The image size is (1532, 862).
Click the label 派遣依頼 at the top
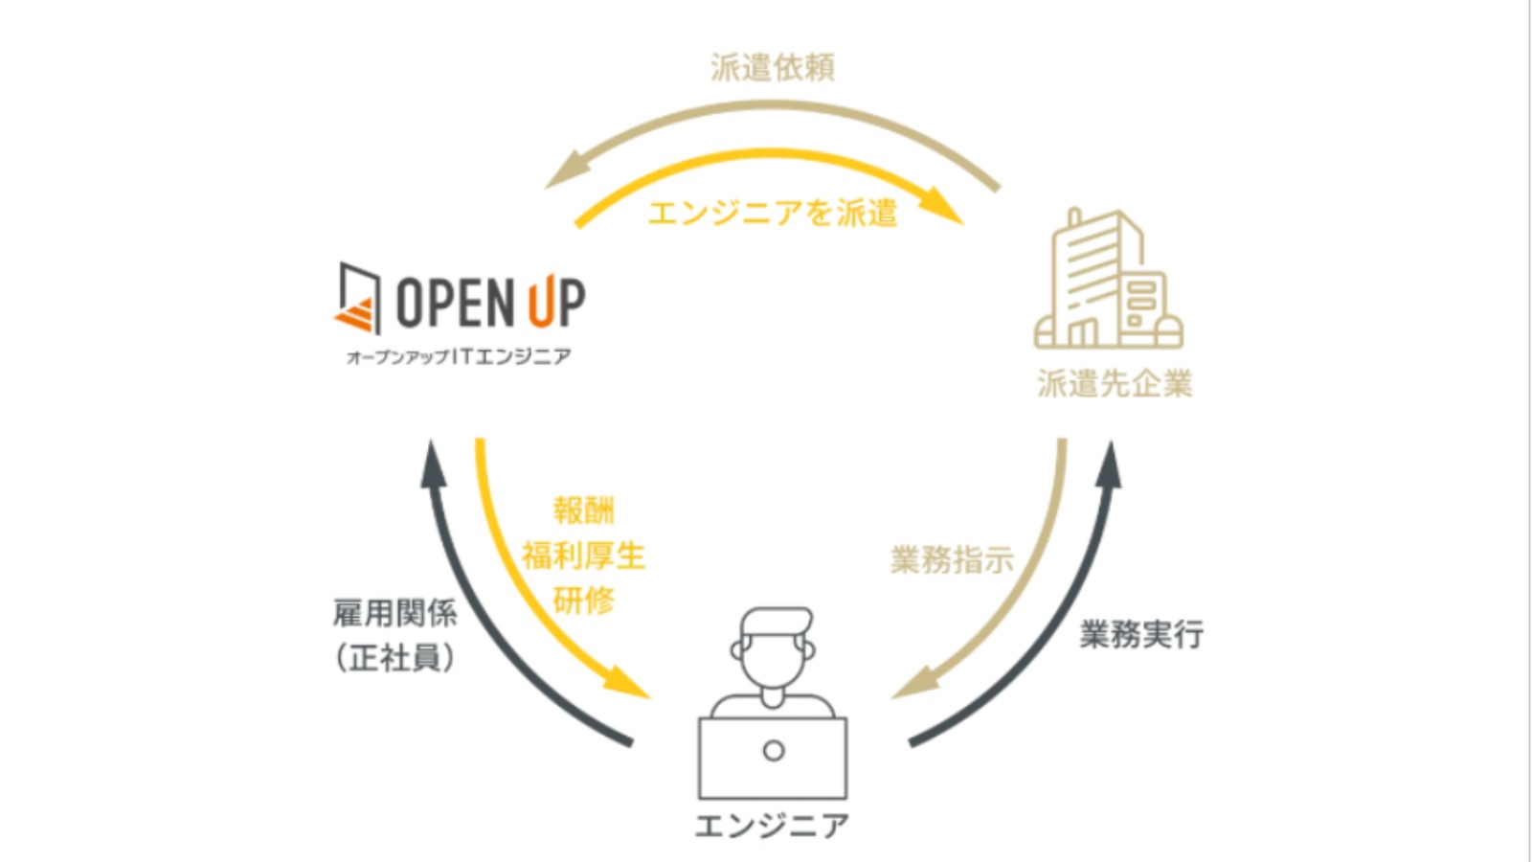(x=773, y=67)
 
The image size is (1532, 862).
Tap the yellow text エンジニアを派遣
(x=772, y=213)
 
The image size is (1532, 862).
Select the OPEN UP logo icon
(x=358, y=299)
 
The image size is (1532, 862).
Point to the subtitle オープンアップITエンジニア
(x=459, y=357)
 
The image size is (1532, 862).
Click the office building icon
(x=1109, y=279)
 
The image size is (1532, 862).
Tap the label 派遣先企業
(x=1115, y=384)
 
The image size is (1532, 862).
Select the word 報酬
(x=583, y=510)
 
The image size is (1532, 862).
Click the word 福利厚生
(x=583, y=556)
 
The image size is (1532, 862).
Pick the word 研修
(x=583, y=601)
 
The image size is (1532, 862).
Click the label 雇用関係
(x=394, y=613)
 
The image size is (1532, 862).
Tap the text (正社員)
(x=394, y=658)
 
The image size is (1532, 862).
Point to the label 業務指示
(x=952, y=560)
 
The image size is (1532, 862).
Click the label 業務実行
(x=1141, y=634)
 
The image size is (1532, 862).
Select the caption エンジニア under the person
(x=772, y=826)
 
